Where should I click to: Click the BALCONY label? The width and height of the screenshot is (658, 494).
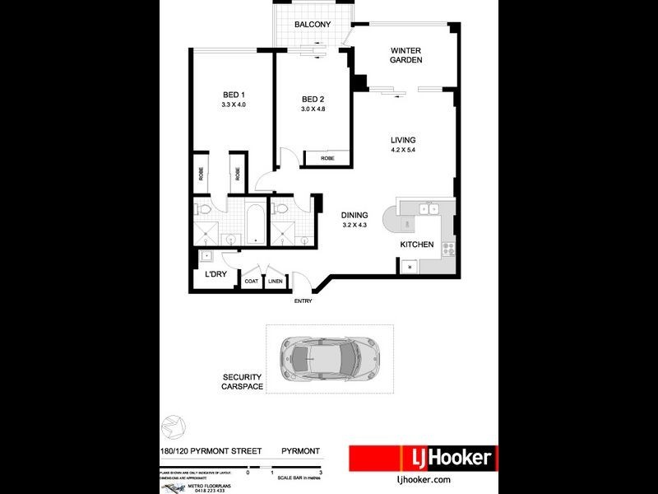[x=313, y=25]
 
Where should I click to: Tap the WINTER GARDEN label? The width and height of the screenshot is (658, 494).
[x=405, y=54]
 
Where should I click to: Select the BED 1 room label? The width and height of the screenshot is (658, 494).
[x=234, y=94]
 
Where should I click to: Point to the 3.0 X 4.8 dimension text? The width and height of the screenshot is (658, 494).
[x=314, y=110]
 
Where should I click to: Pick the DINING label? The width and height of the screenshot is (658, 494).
[x=354, y=215]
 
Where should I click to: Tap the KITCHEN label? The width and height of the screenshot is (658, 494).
[x=416, y=245]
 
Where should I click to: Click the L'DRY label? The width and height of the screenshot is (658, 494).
[x=216, y=274]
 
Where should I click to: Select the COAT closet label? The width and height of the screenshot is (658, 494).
[x=252, y=282]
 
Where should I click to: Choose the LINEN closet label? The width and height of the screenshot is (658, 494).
[x=275, y=282]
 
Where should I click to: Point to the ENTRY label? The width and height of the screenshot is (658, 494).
[x=304, y=301]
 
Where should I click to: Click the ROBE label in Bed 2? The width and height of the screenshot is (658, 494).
[x=327, y=158]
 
